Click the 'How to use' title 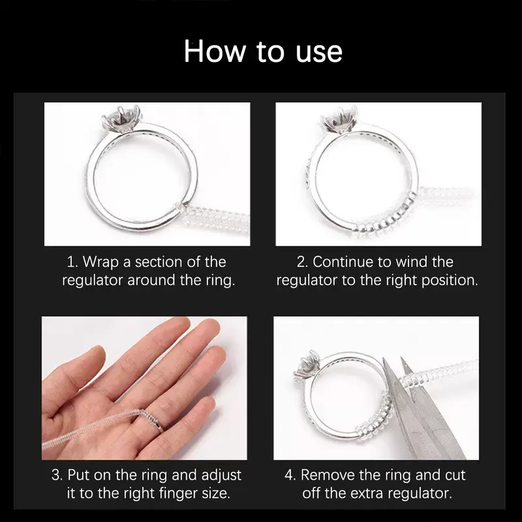click(x=263, y=51)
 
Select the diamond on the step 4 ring click(x=305, y=367)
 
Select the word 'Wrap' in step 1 click(x=104, y=262)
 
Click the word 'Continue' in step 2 click(x=345, y=262)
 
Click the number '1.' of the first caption click(x=72, y=262)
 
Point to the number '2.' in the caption click(x=302, y=262)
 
